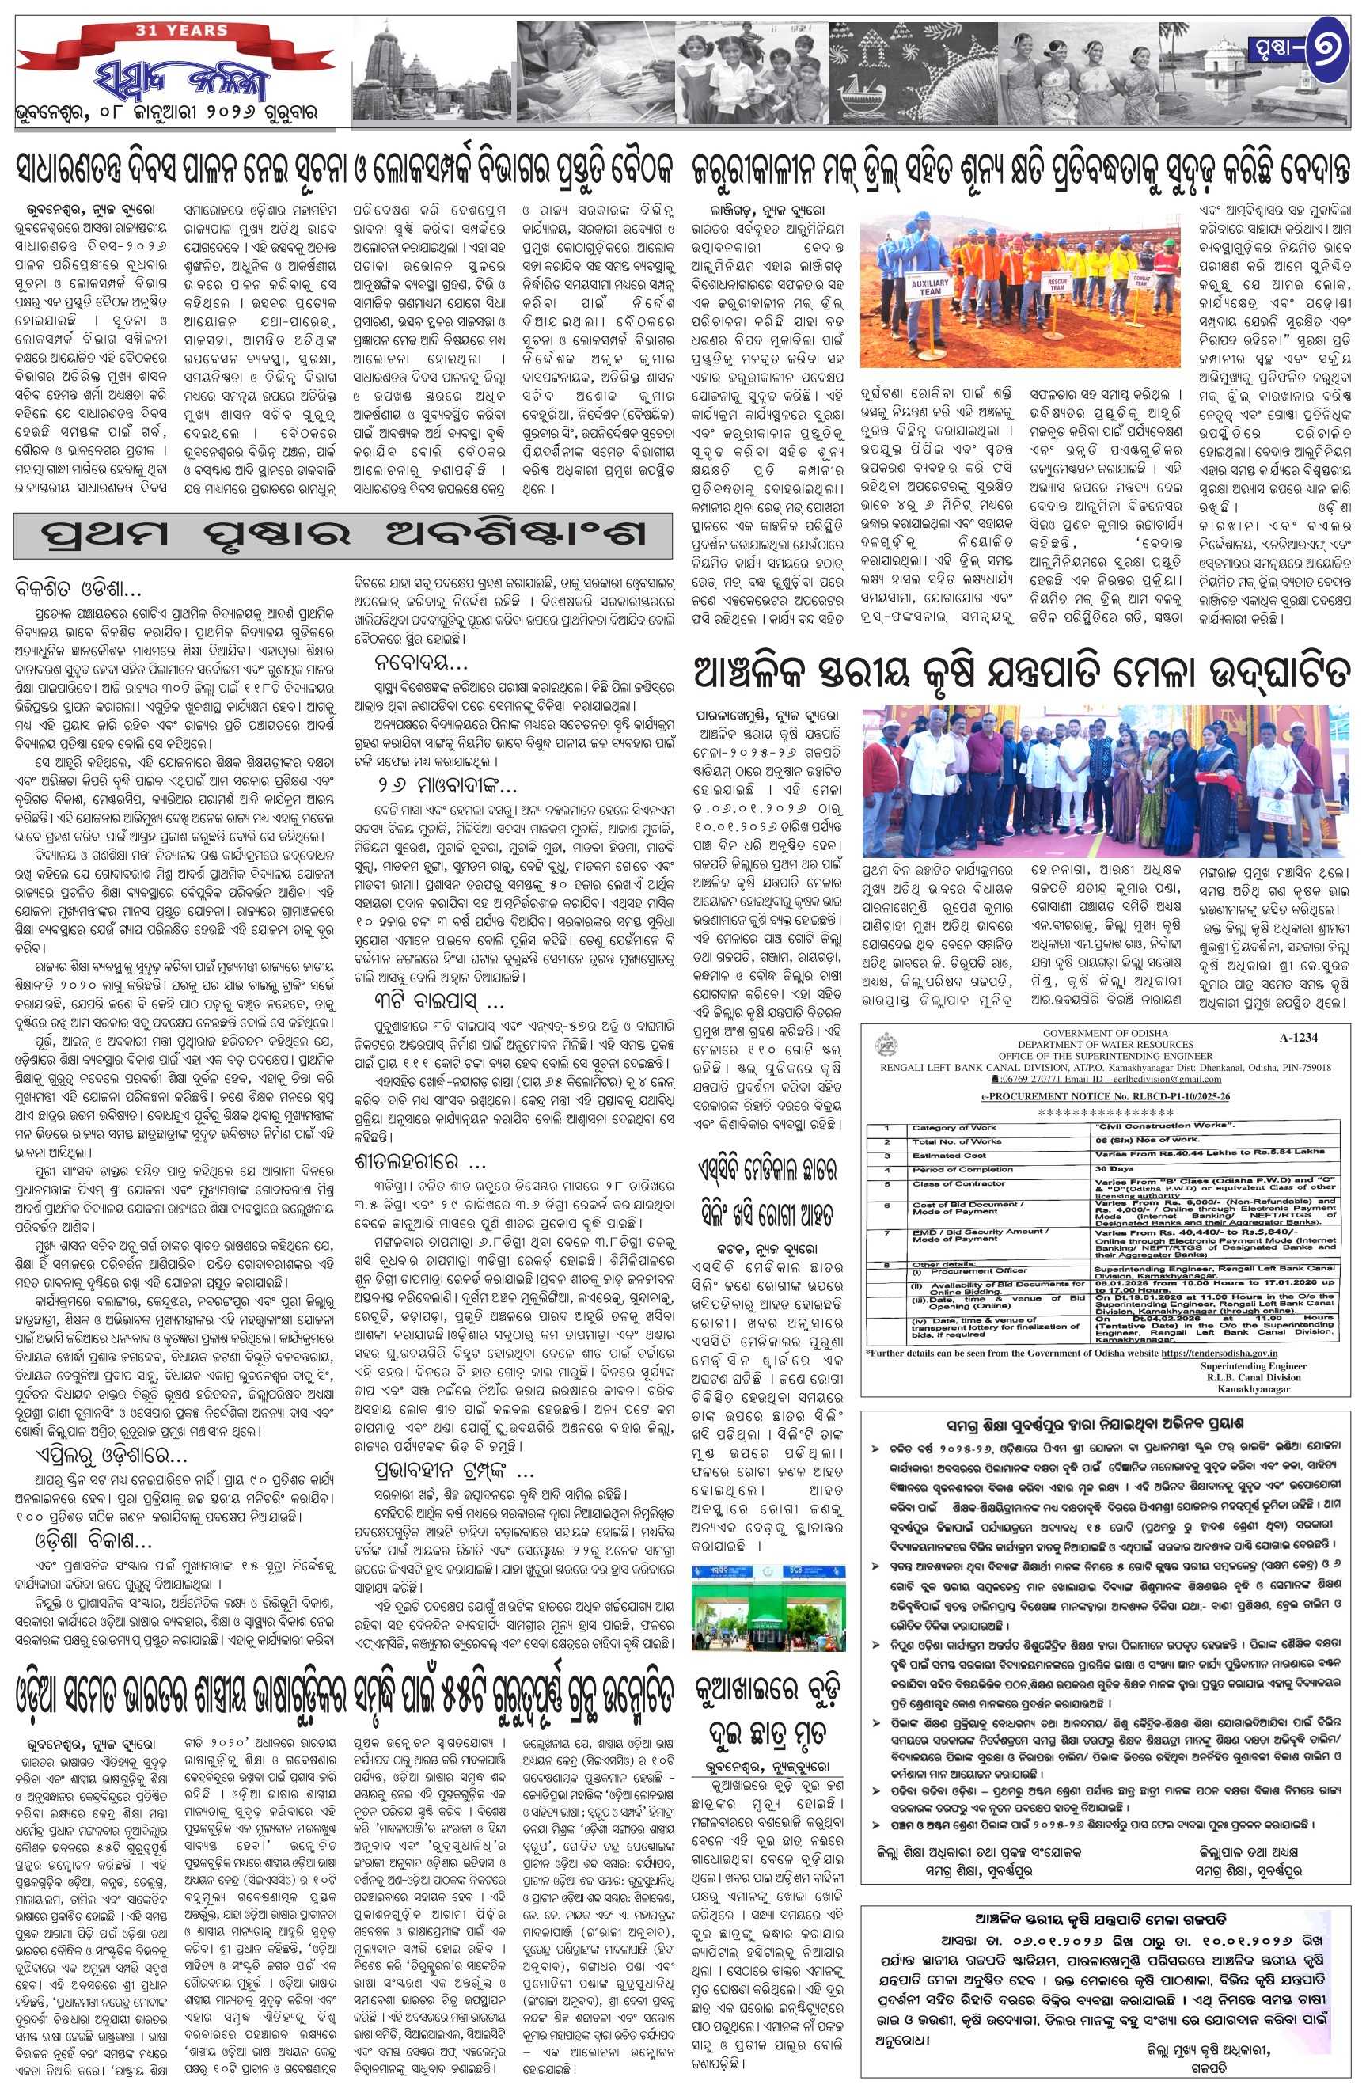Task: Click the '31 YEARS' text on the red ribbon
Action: (x=181, y=30)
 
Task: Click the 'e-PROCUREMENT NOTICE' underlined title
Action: (x=1106, y=1096)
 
